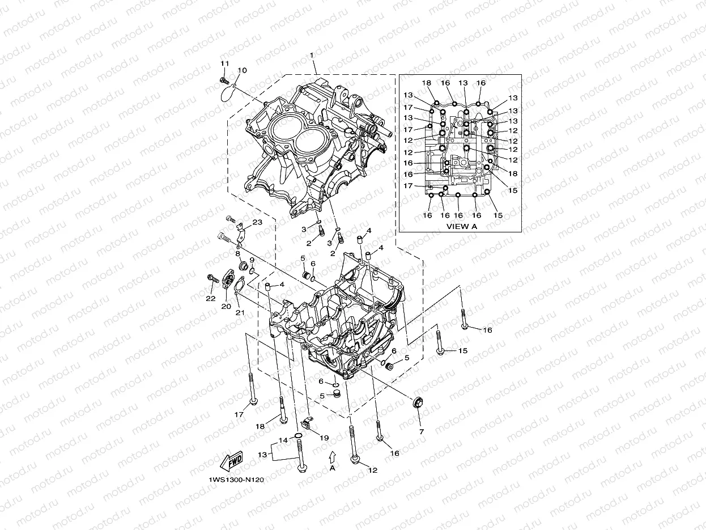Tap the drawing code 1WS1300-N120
coord(236,480)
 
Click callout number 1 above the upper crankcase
coord(311,55)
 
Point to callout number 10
coord(242,70)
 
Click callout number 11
coord(224,63)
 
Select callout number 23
coord(257,223)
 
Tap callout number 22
coord(210,298)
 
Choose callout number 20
coord(227,306)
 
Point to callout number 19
coord(324,438)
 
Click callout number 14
coord(282,440)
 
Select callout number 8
coord(238,255)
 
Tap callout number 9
coord(252,260)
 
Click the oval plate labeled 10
coord(229,92)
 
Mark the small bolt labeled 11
coord(223,81)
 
